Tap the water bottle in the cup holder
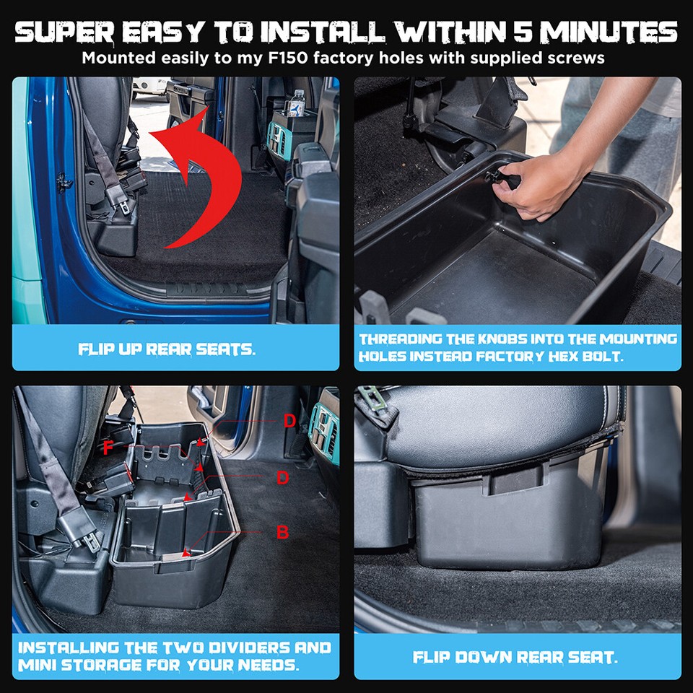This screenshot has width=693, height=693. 297,104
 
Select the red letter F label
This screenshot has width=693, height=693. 108,448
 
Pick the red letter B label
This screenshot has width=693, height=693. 283,532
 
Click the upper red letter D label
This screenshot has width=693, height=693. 289,421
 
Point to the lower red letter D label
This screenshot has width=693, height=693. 283,478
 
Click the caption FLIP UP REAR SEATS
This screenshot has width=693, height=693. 167,349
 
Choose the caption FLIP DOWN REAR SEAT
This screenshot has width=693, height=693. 517,658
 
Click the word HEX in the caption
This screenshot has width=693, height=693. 583,356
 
